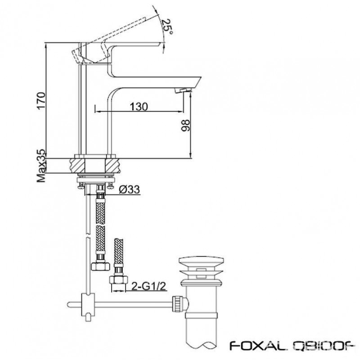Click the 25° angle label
(167, 27)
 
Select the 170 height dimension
(41, 101)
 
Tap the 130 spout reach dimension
(139, 107)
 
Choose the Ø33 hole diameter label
(130, 189)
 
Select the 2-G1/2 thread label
(149, 286)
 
